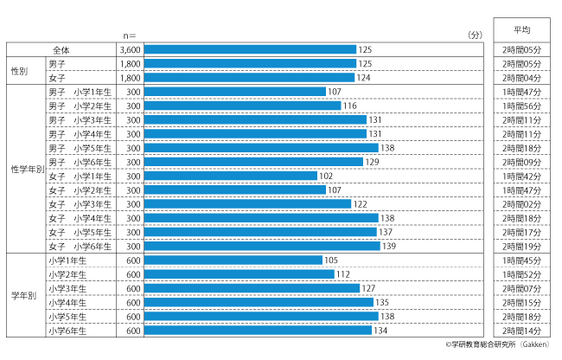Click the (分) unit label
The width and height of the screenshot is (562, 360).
click(475, 35)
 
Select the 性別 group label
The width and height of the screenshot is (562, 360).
click(21, 71)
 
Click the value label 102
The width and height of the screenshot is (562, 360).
click(326, 176)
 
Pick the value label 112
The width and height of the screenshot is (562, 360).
click(343, 274)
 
